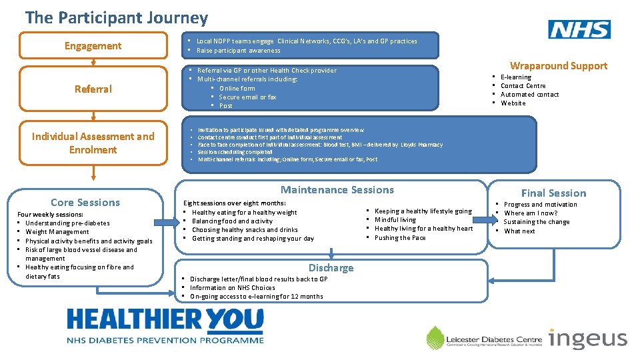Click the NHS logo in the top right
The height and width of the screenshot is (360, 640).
(579, 29)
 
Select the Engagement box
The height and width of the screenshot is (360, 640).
(93, 46)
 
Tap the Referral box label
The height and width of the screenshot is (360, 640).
(93, 89)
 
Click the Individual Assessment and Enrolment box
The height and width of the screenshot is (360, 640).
(93, 143)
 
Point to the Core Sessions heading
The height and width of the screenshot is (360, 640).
(85, 202)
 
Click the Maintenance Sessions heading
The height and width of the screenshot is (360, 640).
(337, 190)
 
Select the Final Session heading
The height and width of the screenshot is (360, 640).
(553, 193)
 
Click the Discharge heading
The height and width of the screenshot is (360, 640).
(331, 267)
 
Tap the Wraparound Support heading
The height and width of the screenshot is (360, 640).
(558, 65)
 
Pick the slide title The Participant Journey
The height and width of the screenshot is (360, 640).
(117, 18)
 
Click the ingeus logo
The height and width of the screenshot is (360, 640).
(587, 339)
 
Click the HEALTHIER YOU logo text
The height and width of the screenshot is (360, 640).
(165, 321)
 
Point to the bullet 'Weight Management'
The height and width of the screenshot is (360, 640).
(57, 232)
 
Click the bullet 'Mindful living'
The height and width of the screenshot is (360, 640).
(395, 219)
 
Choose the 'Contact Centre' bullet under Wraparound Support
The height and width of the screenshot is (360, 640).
(523, 85)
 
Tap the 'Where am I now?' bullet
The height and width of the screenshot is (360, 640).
(531, 213)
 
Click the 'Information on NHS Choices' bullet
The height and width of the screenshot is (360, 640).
(232, 287)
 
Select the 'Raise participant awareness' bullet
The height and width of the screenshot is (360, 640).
(238, 51)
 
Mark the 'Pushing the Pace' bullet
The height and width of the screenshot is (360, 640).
(400, 237)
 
